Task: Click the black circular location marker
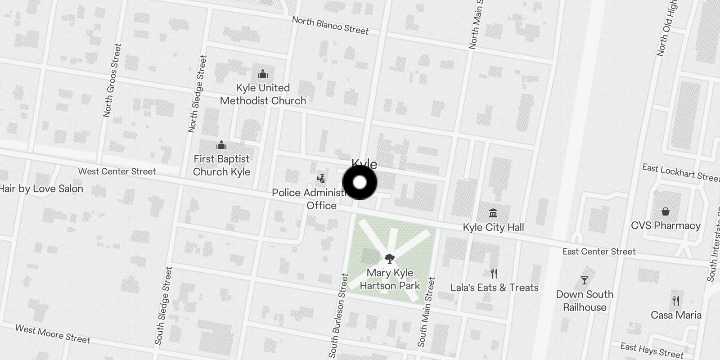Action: [x=360, y=183]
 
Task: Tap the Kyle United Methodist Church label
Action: [x=263, y=94]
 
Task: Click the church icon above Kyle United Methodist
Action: [x=263, y=74]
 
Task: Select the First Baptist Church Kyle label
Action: [x=221, y=165]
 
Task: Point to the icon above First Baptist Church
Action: [x=221, y=145]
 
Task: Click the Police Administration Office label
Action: [x=310, y=199]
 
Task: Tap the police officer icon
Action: [x=321, y=179]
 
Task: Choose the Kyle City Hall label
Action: [x=493, y=227]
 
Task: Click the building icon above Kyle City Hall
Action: [x=493, y=212]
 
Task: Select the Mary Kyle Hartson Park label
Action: [x=390, y=279]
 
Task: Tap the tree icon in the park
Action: [x=390, y=258]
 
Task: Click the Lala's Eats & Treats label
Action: [x=494, y=288]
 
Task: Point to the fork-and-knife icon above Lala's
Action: [x=494, y=273]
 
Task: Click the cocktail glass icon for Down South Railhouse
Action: [x=585, y=280]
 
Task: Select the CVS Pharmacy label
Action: [x=666, y=225]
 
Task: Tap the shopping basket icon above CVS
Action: [x=666, y=211]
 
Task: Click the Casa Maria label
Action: [x=676, y=315]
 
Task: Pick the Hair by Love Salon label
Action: [x=41, y=189]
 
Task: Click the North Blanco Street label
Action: [x=330, y=25]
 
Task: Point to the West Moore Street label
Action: [x=53, y=334]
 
